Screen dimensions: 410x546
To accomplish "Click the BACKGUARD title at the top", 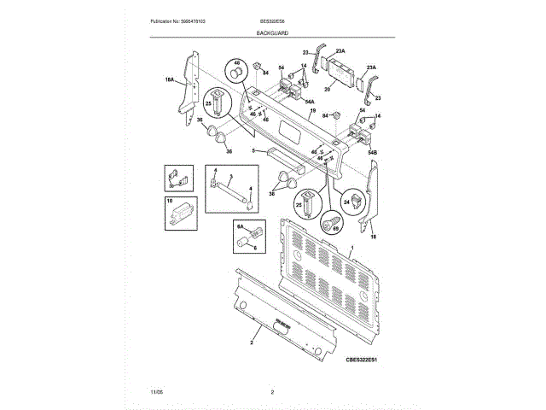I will click(x=272, y=32).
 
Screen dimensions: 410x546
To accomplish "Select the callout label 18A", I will click(x=169, y=80).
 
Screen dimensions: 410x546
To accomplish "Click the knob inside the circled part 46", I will click(x=236, y=72).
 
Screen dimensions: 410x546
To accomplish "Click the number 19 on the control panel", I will click(x=313, y=111).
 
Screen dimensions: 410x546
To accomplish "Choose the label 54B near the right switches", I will click(x=372, y=152).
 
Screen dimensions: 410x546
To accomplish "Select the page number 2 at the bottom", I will click(x=272, y=392).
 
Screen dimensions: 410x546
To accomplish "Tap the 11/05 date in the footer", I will click(x=155, y=392).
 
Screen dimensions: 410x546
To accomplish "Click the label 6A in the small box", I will click(x=241, y=226).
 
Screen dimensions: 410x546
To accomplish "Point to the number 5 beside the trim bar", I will click(x=253, y=151).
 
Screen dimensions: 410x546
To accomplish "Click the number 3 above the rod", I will click(x=230, y=175).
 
